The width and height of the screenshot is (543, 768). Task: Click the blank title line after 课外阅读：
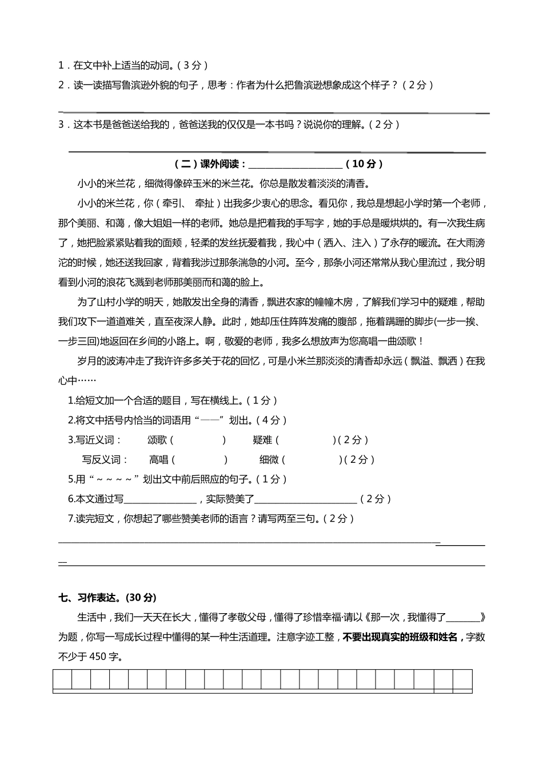point(296,165)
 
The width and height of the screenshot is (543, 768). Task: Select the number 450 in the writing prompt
point(98,657)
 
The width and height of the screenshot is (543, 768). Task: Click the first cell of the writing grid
point(62,680)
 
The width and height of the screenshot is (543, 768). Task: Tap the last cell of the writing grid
point(462,680)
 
